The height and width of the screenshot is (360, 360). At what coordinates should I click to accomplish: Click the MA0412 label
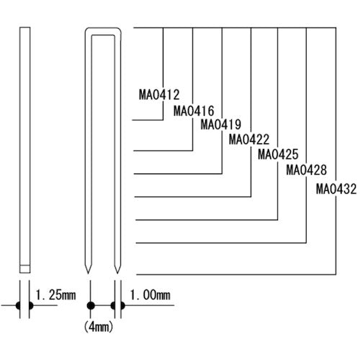158,93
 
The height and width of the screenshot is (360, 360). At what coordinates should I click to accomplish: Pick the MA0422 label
248,139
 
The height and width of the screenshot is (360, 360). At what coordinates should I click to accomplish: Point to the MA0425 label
277,154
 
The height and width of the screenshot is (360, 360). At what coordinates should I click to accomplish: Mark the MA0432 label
335,189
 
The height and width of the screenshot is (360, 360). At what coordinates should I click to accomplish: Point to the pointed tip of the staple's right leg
117,273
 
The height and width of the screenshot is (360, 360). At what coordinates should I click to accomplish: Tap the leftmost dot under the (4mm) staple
91,305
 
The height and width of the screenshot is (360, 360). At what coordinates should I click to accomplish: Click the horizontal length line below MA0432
238,274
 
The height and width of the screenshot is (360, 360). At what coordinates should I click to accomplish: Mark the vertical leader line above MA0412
164,58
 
